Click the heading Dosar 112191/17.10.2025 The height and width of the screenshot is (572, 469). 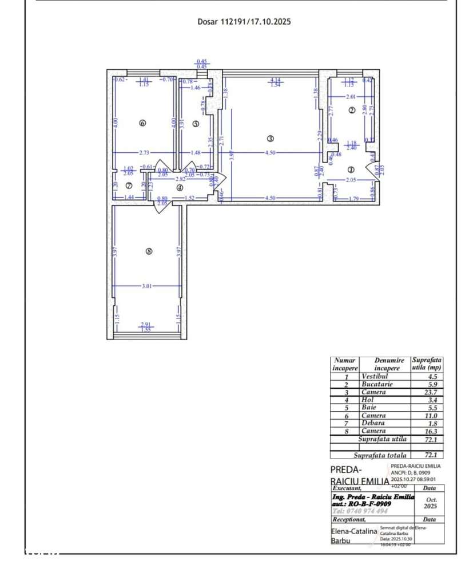[244, 22]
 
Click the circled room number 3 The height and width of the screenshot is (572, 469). [271, 138]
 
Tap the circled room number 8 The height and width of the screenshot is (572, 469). [149, 250]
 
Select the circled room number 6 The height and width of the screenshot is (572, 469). [142, 123]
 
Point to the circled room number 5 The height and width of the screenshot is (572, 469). [196, 123]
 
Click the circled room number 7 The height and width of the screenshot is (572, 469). [129, 186]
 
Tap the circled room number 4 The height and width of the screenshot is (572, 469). [180, 187]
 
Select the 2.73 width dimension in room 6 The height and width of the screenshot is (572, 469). [144, 153]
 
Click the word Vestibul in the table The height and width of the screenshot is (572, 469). [375, 377]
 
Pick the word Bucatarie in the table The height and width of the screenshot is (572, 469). [377, 385]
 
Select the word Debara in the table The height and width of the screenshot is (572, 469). [373, 423]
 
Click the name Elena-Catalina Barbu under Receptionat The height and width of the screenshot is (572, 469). [353, 535]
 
